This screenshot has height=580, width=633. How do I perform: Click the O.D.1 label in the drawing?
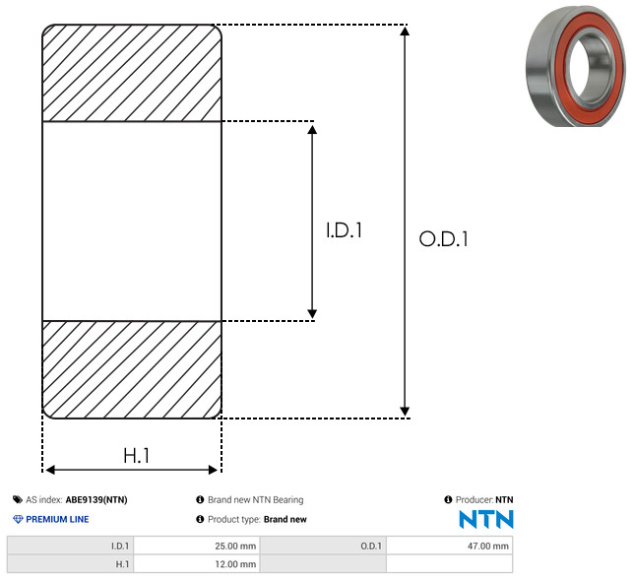[x=444, y=238]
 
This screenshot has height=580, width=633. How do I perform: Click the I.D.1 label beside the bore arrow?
[x=344, y=230]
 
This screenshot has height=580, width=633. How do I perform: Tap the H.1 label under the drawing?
[x=137, y=456]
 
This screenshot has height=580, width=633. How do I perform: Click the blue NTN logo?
[x=486, y=519]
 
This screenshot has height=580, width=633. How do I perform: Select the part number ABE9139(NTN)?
[x=96, y=499]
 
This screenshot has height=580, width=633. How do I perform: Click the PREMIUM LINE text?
[x=57, y=519]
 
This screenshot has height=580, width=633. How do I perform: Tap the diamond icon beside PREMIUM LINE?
[x=18, y=519]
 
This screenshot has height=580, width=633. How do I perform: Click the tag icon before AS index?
[x=18, y=499]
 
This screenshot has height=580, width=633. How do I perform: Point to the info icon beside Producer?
[x=448, y=499]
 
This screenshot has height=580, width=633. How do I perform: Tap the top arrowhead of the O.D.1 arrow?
[x=405, y=31]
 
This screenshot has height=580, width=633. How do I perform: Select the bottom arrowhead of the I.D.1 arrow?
[x=312, y=314]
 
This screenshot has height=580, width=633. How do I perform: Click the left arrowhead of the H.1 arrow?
[x=49, y=470]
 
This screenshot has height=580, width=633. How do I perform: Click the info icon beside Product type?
[x=200, y=519]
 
